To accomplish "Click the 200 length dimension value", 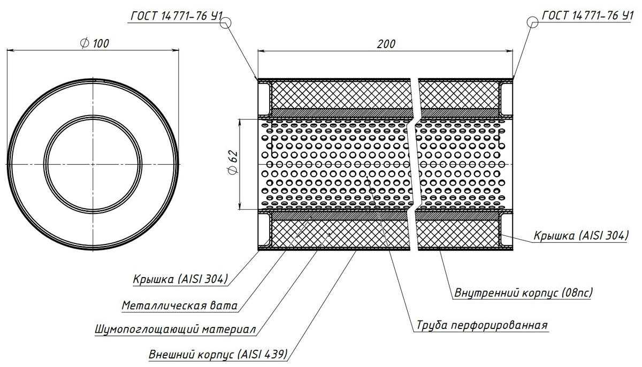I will (386, 44).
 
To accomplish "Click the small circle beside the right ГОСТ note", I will (533, 22).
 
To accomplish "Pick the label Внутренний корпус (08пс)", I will (523, 293).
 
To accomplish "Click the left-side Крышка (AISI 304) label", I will (181, 279).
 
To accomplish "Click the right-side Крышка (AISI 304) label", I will (580, 235).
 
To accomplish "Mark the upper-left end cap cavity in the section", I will (264, 95).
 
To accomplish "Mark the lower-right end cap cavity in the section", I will (506, 231).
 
